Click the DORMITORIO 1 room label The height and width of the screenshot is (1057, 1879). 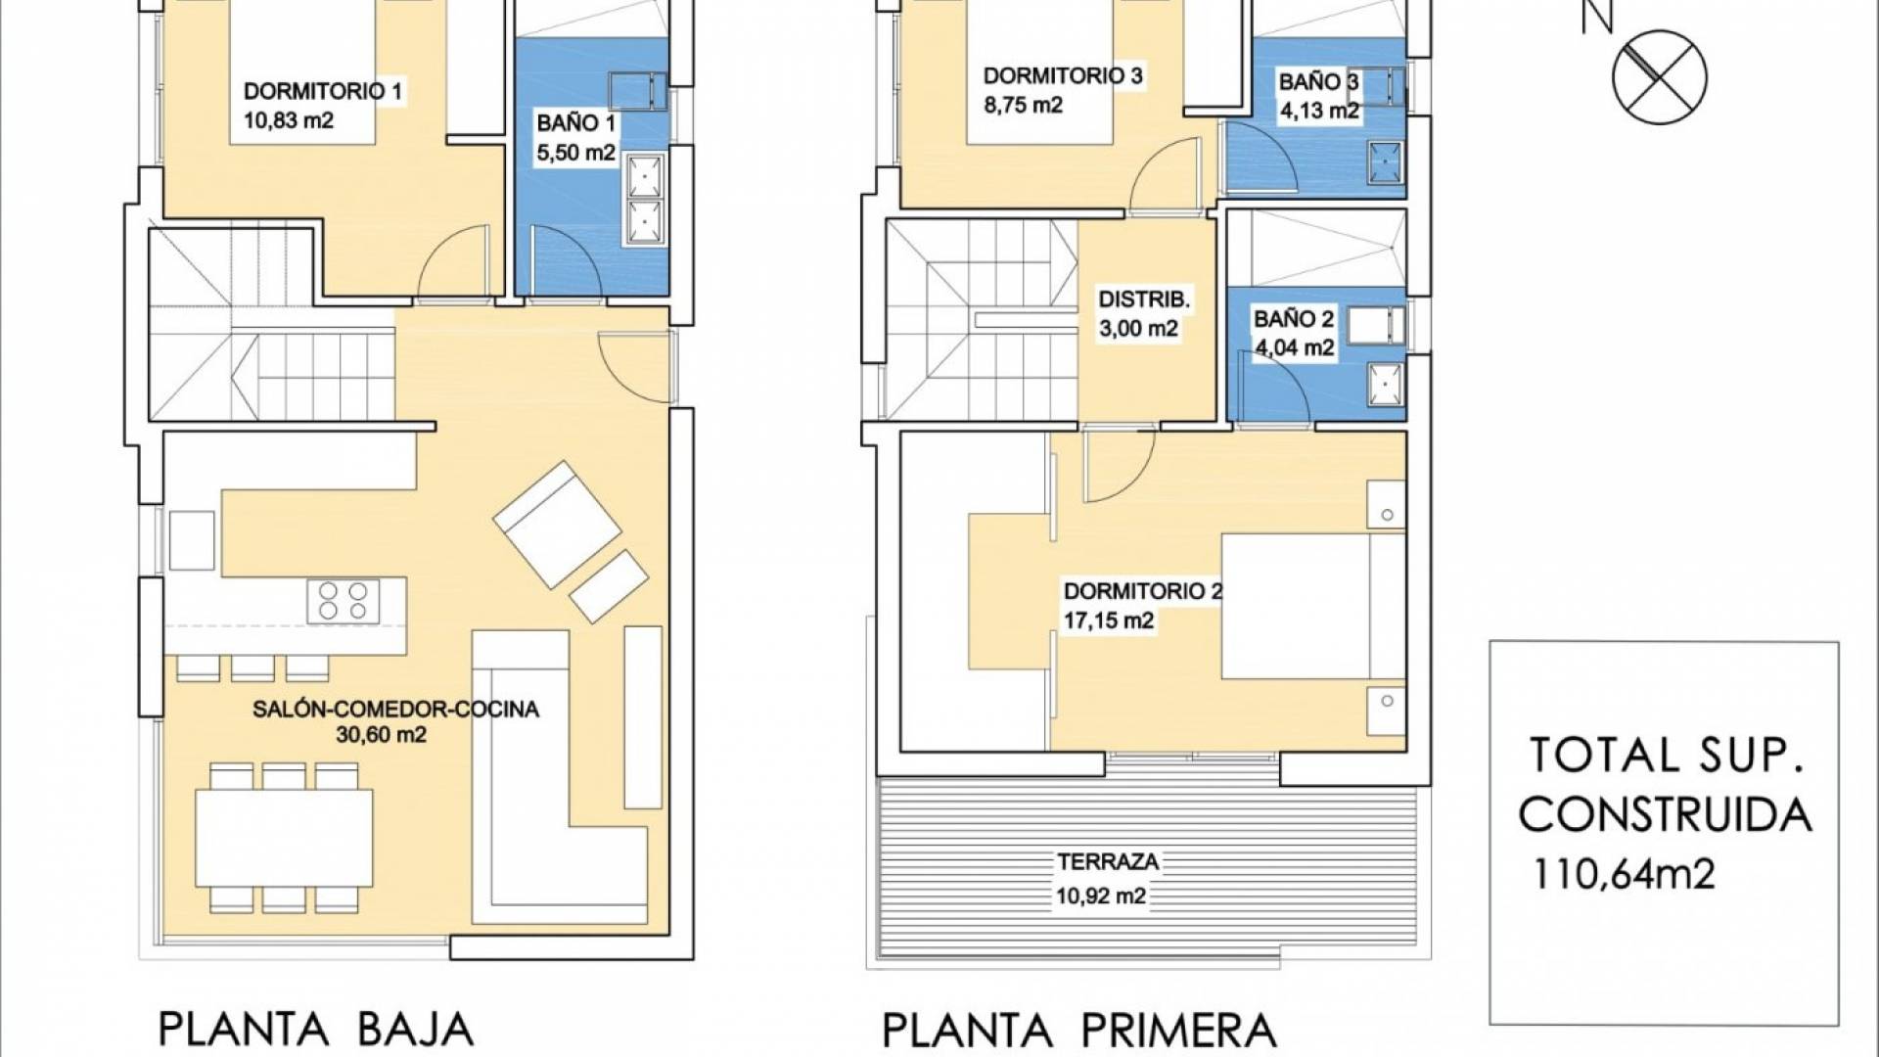(323, 92)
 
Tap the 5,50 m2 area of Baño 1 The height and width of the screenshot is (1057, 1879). (575, 153)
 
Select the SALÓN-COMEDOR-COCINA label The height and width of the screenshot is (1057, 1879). (395, 710)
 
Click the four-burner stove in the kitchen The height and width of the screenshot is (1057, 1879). (343, 600)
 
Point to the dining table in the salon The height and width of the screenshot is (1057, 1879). (284, 837)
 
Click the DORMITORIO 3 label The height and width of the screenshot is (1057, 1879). (1063, 76)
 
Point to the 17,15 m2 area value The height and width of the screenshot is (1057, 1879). (1109, 620)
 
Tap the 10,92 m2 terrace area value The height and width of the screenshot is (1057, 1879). (1101, 896)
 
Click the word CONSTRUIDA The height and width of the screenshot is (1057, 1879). (1665, 814)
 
